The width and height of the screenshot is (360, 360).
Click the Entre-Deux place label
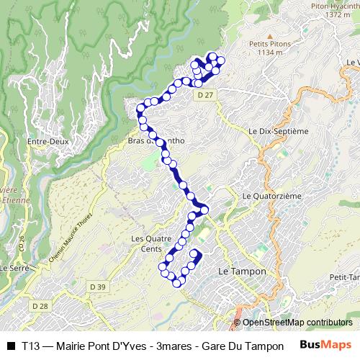pyautogui.click(x=48, y=142)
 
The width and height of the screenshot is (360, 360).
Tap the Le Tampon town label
pyautogui.click(x=242, y=271)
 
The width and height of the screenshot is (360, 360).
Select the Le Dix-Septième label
pyautogui.click(x=278, y=132)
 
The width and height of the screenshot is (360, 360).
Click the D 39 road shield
pyautogui.click(x=98, y=287)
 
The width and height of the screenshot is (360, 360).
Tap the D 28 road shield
pyautogui.click(x=40, y=306)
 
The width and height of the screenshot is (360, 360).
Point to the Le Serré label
pyautogui.click(x=14, y=267)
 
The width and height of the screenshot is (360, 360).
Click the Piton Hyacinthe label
pyautogui.click(x=335, y=6)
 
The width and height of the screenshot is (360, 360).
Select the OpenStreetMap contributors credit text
pyautogui.click(x=297, y=323)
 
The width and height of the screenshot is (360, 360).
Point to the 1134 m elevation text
pyautogui.click(x=271, y=53)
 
